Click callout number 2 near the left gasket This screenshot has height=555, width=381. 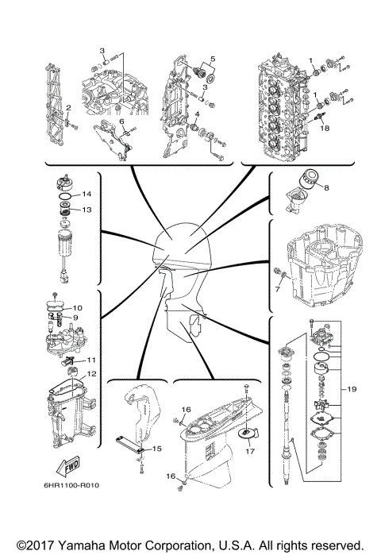point(68,107)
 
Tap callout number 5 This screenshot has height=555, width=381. point(211,60)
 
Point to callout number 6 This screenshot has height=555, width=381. point(122,121)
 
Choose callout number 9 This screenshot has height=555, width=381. point(77,317)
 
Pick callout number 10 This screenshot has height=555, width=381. point(77,307)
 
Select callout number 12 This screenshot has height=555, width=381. point(91,373)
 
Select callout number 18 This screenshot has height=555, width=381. point(323,126)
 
